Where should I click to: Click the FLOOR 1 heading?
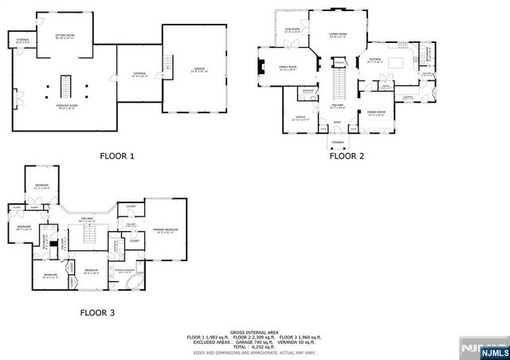tap(116, 157)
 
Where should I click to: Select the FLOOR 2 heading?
tap(347, 156)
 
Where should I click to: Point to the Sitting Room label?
tap(65, 37)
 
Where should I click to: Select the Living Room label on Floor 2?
tap(338, 34)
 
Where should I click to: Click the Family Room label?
tap(288, 68)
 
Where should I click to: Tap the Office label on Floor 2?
tap(300, 117)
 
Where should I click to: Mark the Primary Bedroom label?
tap(165, 230)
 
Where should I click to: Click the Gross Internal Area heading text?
tap(254, 331)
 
